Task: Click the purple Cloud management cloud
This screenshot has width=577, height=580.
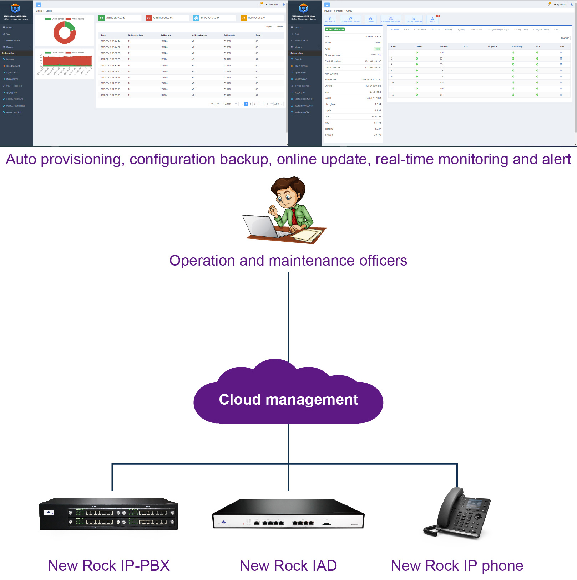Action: point(288,399)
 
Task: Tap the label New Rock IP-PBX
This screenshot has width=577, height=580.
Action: point(109,566)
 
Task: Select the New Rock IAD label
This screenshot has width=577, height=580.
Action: point(288,566)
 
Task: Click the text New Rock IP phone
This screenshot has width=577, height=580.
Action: point(457,566)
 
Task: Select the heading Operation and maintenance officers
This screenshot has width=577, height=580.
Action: point(288,261)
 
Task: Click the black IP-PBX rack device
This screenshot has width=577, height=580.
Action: point(108,514)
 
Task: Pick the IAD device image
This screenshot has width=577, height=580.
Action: point(288,515)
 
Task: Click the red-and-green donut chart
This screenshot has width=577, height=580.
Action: point(65,33)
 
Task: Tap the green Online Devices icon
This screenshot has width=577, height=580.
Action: point(102,18)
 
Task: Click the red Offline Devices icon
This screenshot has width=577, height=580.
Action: point(149,18)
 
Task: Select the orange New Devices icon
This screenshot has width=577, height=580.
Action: point(243,18)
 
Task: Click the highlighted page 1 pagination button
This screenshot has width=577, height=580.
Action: point(246,104)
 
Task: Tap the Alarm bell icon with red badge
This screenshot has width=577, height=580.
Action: point(432,19)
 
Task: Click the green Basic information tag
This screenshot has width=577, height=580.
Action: point(335,29)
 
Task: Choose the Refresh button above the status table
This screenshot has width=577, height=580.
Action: point(280,27)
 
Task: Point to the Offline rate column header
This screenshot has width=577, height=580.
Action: point(229,35)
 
